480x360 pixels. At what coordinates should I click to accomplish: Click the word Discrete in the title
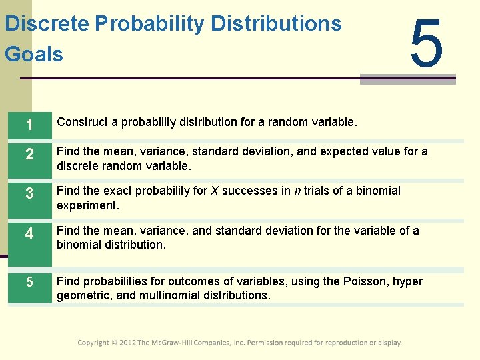46,24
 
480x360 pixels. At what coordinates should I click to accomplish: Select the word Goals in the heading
34,53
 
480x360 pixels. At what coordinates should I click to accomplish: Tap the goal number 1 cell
29,123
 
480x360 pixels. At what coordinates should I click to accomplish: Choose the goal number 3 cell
29,196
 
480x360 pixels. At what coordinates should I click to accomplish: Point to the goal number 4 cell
29,235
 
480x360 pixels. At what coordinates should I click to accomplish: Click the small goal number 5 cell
29,282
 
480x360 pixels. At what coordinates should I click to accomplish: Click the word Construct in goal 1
82,122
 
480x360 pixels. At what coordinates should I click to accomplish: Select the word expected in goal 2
343,151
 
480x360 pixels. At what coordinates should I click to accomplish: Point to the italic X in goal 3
215,191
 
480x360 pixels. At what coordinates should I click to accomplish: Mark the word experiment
87,205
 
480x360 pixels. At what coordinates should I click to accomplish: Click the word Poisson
368,281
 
